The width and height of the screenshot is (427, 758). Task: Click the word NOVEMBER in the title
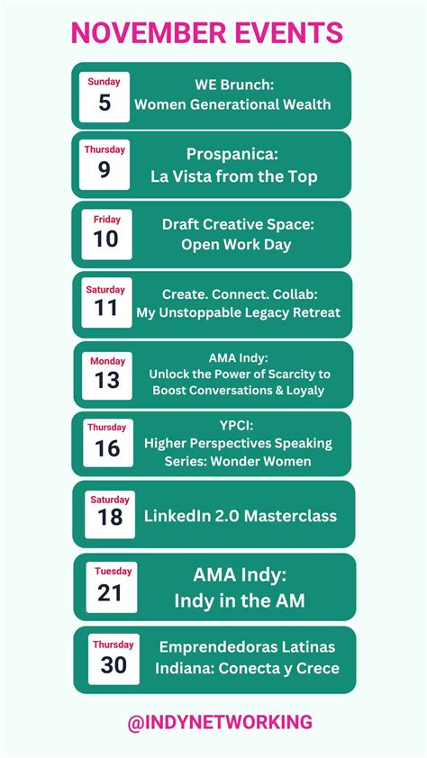tap(148, 33)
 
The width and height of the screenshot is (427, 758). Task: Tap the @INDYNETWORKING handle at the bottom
tap(220, 722)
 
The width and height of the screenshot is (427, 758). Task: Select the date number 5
tap(104, 103)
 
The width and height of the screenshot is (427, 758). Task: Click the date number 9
tap(104, 169)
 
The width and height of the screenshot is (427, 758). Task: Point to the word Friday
tap(107, 220)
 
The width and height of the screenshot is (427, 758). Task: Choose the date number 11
tap(106, 308)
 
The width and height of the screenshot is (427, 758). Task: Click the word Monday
tap(107, 361)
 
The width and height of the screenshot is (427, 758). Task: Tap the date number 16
tap(107, 448)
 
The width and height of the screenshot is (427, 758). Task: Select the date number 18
tap(110, 517)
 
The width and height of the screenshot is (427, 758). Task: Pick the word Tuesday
tap(114, 571)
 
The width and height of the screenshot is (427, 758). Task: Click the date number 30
tap(114, 665)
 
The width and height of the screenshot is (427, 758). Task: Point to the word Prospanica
tap(233, 155)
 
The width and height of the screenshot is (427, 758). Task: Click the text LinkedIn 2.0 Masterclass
tap(241, 516)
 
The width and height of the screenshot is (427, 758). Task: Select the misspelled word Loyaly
tap(306, 390)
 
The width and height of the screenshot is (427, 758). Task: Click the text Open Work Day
tap(236, 245)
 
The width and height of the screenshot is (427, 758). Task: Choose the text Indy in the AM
tap(240, 600)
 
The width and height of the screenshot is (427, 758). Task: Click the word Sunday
tap(104, 82)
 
